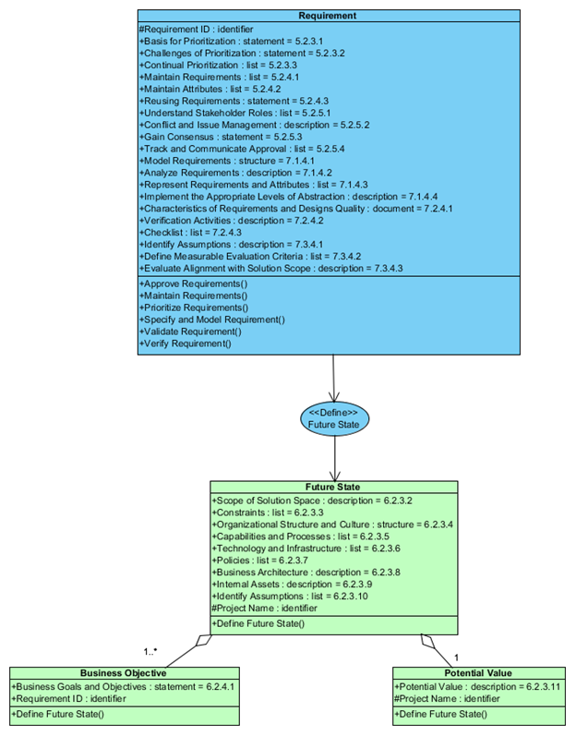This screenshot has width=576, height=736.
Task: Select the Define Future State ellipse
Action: pyautogui.click(x=333, y=418)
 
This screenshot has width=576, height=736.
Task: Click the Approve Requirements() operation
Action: pyautogui.click(x=194, y=283)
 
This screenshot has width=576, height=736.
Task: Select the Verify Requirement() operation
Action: pyautogui.click(x=186, y=344)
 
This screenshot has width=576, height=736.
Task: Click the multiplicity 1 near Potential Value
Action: pyautogui.click(x=456, y=657)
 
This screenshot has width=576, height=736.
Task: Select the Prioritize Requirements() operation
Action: pyautogui.click(x=194, y=307)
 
